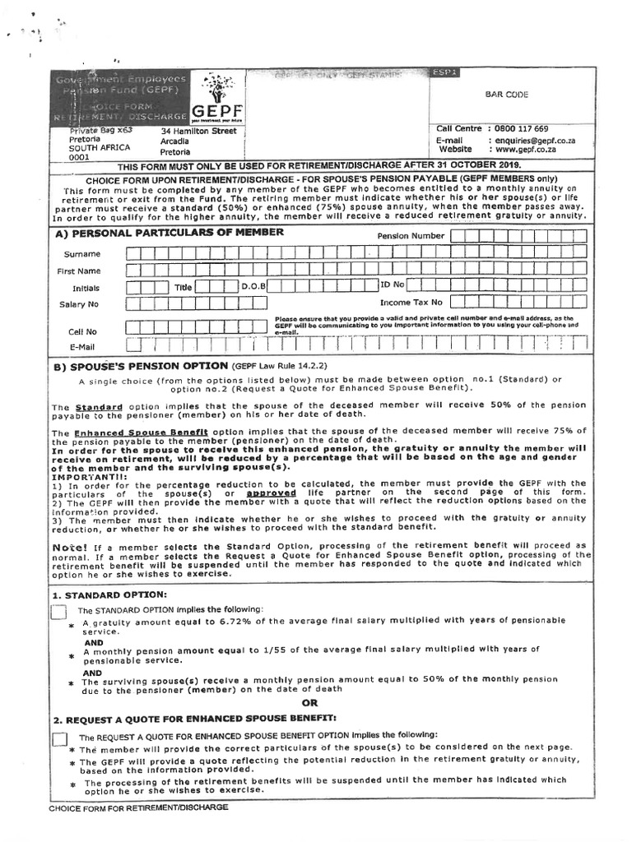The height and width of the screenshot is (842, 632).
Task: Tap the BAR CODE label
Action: click(x=506, y=95)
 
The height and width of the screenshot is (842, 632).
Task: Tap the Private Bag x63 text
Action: click(x=101, y=131)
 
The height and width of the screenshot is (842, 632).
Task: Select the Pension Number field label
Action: click(x=411, y=236)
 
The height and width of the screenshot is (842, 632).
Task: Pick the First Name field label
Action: click(x=78, y=271)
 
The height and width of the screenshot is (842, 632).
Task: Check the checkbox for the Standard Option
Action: click(x=58, y=613)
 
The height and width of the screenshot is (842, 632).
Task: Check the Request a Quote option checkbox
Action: click(x=59, y=739)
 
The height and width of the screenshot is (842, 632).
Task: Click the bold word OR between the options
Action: click(x=309, y=703)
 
